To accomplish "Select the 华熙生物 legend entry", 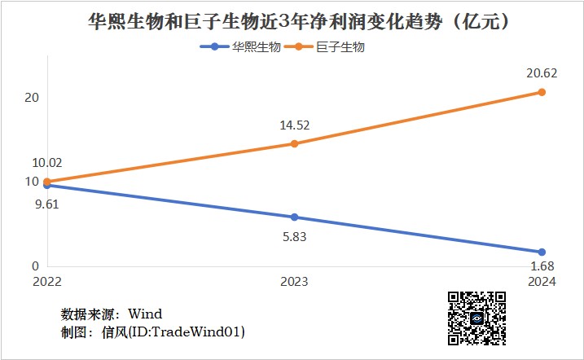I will coord(241,47).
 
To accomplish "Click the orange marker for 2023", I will coord(294,144).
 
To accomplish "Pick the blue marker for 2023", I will coord(294,217).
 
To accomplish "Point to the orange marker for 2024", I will coord(542,92).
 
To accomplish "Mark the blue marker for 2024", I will coord(542,252).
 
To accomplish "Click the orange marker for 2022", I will coord(47,182).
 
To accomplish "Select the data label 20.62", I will coord(542,73).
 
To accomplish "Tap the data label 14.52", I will coord(294,125).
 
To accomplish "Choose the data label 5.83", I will coord(294,237).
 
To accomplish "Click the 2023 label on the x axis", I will coord(294,282).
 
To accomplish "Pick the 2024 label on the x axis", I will coord(541,282).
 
